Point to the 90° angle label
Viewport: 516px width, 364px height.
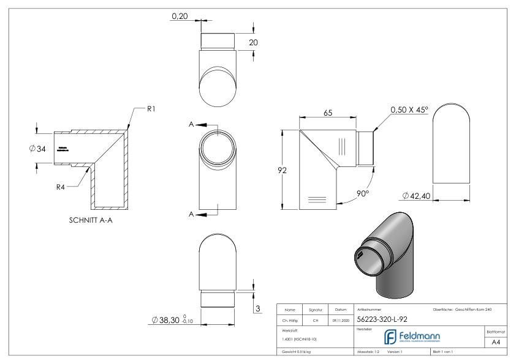tap(363, 193)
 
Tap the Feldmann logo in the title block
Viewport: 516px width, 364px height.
tap(417, 335)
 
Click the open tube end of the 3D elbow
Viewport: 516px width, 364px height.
tap(367, 256)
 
